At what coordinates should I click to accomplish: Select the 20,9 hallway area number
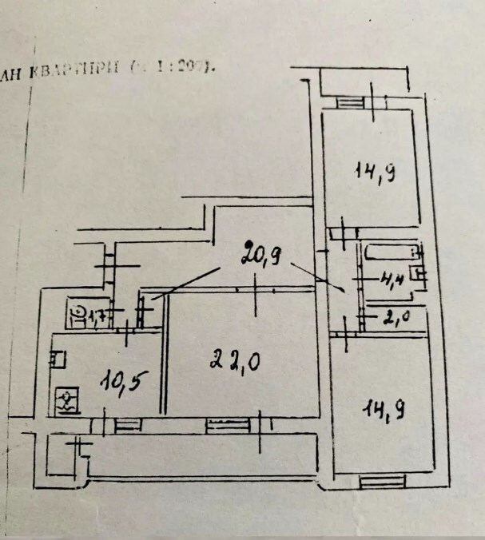(260, 254)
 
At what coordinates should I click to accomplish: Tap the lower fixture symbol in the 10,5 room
(66, 399)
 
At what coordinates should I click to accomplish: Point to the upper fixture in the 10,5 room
(57, 360)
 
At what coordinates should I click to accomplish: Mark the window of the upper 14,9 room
(348, 101)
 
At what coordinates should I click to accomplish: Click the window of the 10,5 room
(125, 426)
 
